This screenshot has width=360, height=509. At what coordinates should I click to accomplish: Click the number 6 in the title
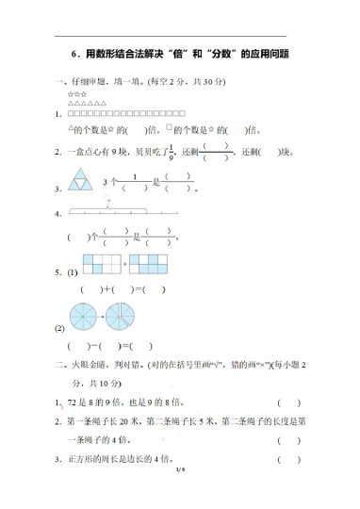coord(74,55)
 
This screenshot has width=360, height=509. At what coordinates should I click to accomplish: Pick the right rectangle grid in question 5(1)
coord(148,262)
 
